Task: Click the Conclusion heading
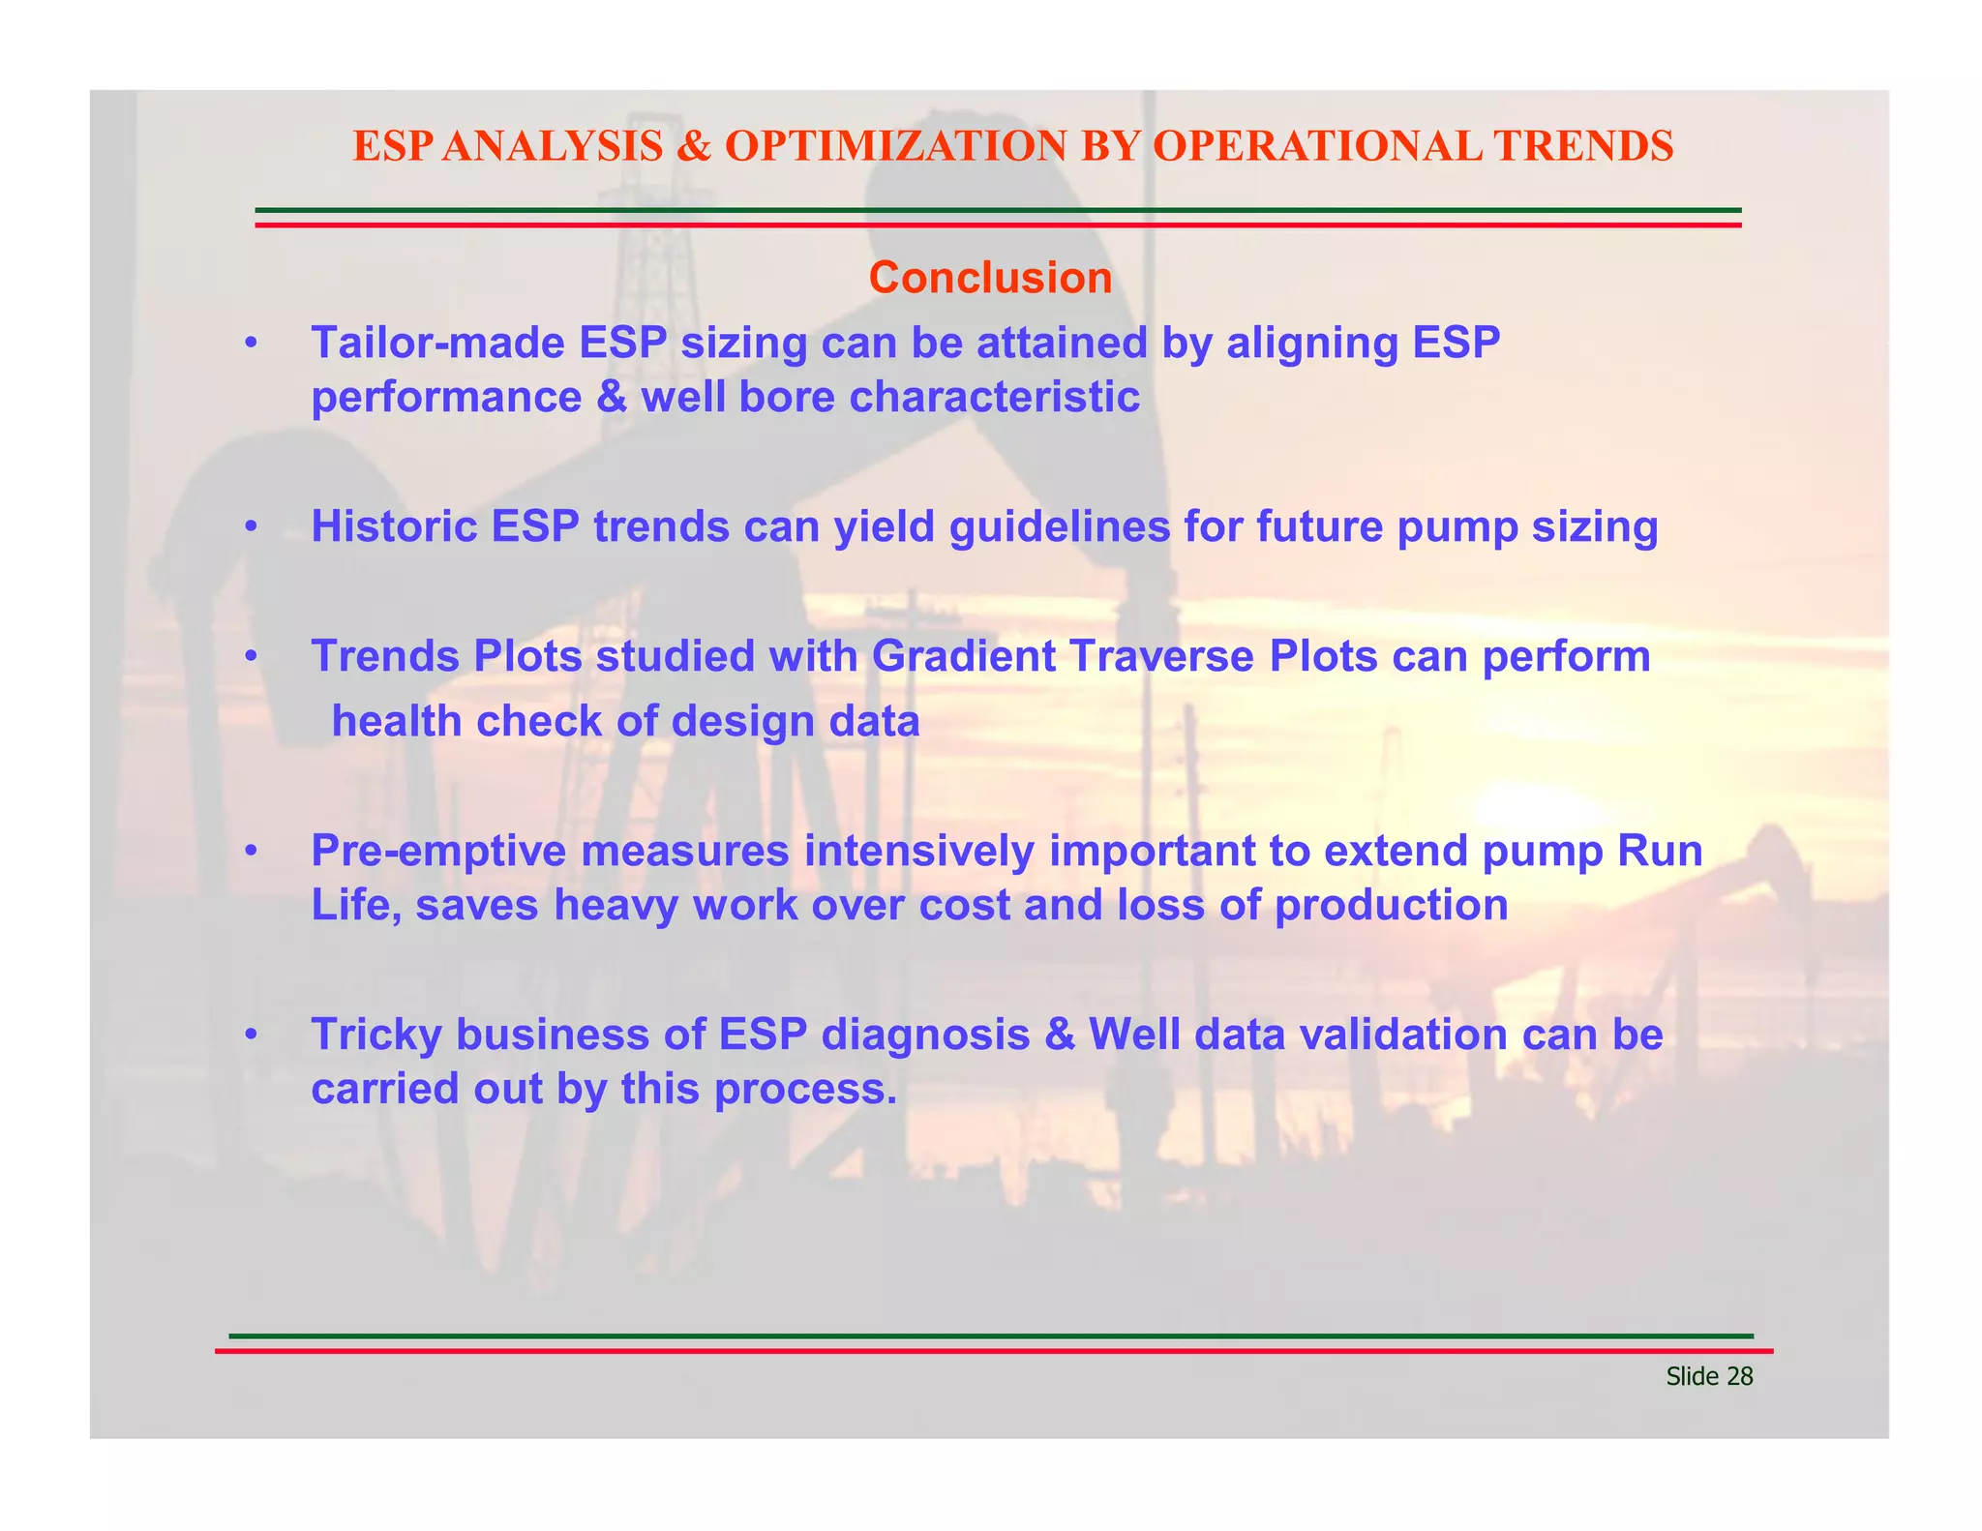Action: pyautogui.click(x=990, y=278)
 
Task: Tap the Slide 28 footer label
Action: pyautogui.click(x=1708, y=1376)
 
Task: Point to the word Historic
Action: pyautogui.click(x=395, y=526)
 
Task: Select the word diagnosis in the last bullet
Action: pyautogui.click(x=925, y=1035)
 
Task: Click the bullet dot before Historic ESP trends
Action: pyautogui.click(x=252, y=527)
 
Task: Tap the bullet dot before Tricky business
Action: pyautogui.click(x=252, y=1036)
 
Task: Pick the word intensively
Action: pyautogui.click(x=919, y=852)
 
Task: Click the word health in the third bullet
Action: pyautogui.click(x=397, y=722)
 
